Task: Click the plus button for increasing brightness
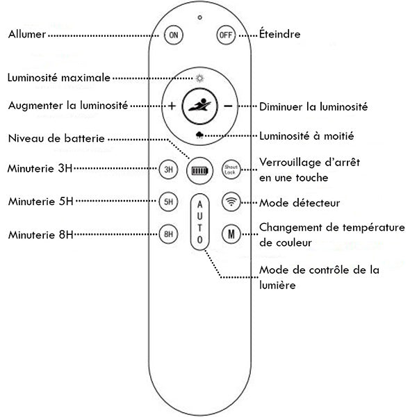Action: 172,106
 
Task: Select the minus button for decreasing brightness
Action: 227,106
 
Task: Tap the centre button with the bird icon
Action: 199,106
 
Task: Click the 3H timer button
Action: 167,169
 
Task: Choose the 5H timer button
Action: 167,202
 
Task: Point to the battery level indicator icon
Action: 199,170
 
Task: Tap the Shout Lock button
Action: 230,169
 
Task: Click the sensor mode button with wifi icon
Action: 230,202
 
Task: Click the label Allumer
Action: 27,34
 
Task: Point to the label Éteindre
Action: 280,34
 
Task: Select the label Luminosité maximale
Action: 58,78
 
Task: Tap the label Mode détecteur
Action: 299,204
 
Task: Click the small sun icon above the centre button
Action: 200,79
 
